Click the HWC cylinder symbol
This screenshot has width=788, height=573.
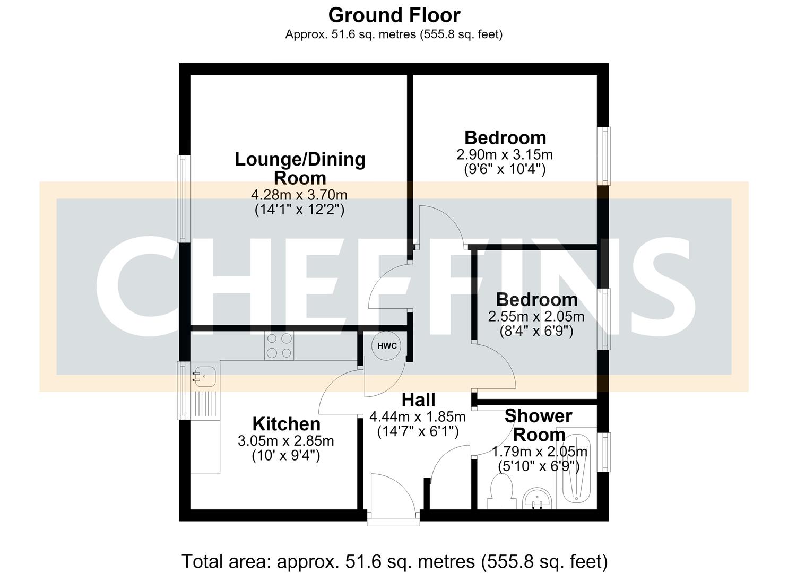[387, 346]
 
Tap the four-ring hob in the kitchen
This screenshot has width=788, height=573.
[279, 345]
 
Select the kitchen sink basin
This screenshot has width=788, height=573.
[204, 375]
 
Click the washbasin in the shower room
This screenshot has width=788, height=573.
[537, 498]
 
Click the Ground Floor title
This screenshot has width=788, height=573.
[394, 15]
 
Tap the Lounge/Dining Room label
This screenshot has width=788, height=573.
[300, 169]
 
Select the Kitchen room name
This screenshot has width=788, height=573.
[287, 424]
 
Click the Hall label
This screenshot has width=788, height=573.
[418, 400]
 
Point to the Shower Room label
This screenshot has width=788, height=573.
[539, 426]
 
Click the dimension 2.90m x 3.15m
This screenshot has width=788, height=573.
[505, 154]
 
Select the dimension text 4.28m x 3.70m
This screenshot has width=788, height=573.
[299, 195]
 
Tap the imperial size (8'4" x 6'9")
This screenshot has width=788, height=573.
[536, 332]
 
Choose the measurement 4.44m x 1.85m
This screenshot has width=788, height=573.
[418, 417]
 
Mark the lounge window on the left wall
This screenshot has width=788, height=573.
[183, 199]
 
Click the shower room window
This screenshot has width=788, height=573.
[604, 452]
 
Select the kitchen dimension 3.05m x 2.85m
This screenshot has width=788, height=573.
[285, 441]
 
